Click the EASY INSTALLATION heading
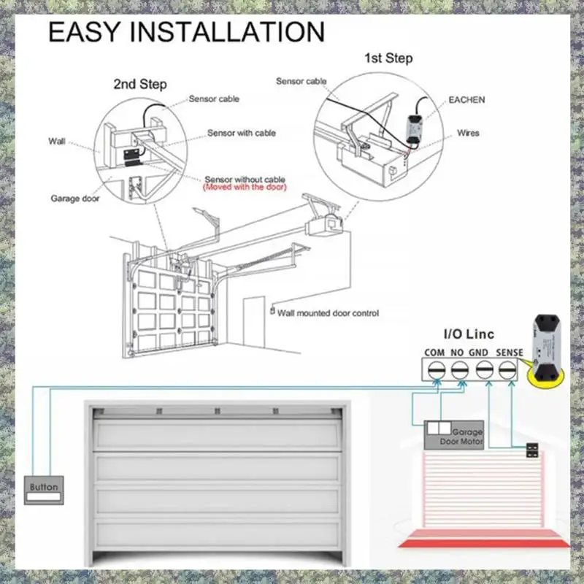click(x=186, y=33)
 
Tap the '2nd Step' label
click(x=140, y=84)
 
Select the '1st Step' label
click(x=388, y=58)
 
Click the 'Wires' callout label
click(x=468, y=134)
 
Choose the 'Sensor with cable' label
click(x=242, y=134)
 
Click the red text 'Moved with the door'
click(x=245, y=188)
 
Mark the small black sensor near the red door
click(x=532, y=450)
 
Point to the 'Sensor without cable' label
click(x=245, y=179)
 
